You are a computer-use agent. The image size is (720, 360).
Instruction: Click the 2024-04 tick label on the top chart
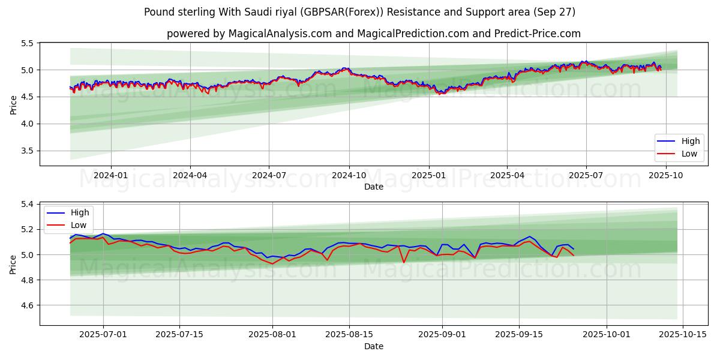pyautogui.click(x=190, y=175)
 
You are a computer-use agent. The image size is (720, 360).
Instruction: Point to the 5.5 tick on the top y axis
pyautogui.click(x=26, y=43)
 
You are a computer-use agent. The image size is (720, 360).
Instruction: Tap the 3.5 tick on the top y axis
pyautogui.click(x=26, y=151)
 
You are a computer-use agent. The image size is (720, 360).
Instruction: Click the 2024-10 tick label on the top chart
pyautogui.click(x=349, y=175)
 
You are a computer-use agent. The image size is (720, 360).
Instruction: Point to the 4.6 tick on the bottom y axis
pyautogui.click(x=26, y=305)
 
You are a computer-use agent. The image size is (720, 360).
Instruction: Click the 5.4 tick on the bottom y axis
pyautogui.click(x=26, y=205)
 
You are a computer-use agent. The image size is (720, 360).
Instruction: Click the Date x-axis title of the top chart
pyautogui.click(x=373, y=187)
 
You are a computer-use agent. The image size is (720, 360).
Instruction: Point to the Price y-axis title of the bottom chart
pyautogui.click(x=13, y=264)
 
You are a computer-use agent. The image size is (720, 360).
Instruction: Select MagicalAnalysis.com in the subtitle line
pyautogui.click(x=280, y=34)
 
